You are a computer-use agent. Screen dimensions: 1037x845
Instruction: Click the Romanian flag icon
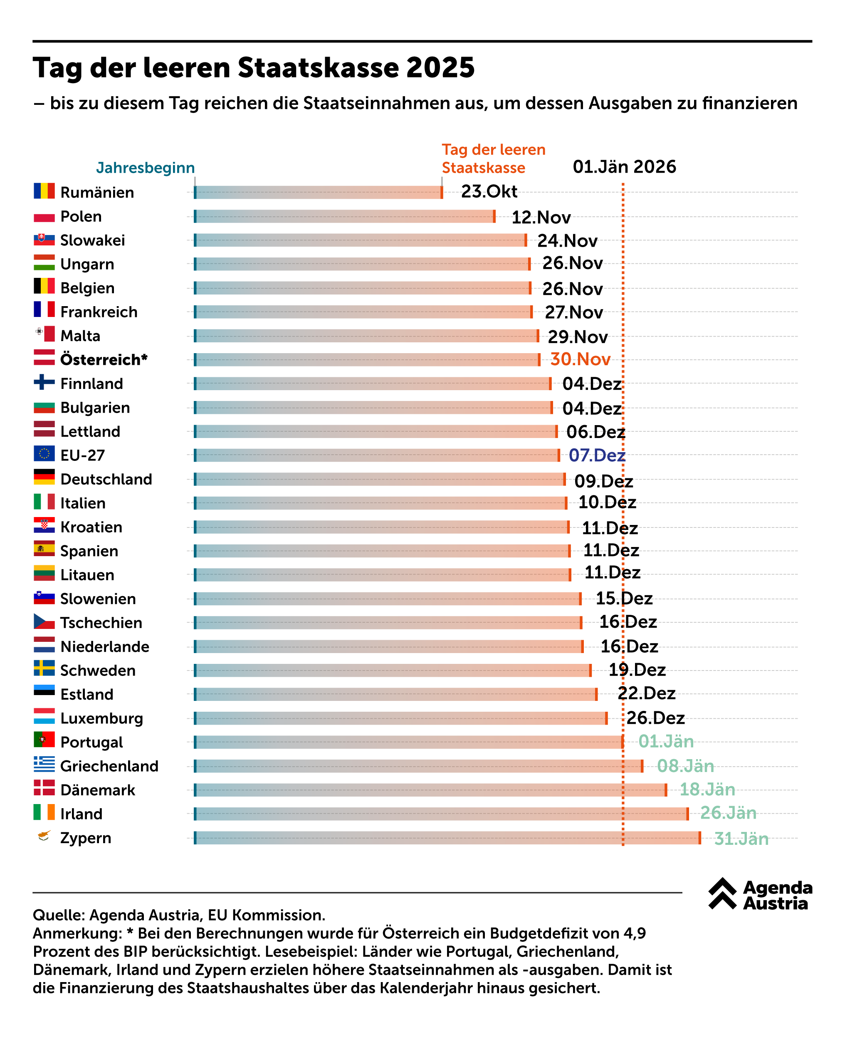pos(44,191)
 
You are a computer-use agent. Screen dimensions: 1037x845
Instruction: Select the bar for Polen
pos(345,217)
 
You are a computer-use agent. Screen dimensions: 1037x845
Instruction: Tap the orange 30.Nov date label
pos(580,359)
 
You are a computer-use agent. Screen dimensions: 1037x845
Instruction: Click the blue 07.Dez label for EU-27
pos(597,455)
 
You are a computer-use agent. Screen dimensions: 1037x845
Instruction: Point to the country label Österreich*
pos(104,360)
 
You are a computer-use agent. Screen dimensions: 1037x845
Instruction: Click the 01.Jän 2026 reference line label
pos(624,167)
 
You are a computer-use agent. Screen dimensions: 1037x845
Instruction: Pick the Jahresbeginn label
pos(145,168)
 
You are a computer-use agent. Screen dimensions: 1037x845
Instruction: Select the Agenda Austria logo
pos(760,894)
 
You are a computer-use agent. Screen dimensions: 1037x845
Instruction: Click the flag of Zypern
pos(44,837)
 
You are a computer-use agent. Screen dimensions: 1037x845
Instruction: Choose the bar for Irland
pos(441,814)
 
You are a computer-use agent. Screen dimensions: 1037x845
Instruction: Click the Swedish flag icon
pos(44,668)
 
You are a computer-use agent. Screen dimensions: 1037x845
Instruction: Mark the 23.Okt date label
pos(489,191)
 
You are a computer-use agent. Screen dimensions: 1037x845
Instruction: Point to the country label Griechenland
pos(109,766)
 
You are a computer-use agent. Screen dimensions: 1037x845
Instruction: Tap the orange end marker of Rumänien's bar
pos(442,192)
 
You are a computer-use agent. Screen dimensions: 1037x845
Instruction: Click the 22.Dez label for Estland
pos(646,693)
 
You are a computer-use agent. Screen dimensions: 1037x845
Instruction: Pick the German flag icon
pos(44,477)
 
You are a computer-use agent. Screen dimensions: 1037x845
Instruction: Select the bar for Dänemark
pos(430,790)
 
